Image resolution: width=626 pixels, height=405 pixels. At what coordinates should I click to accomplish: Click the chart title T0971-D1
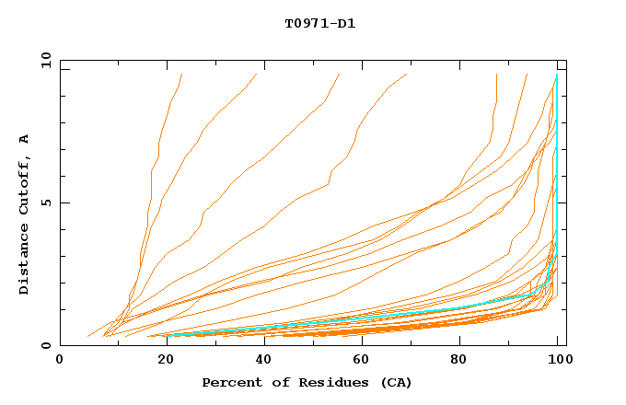319,23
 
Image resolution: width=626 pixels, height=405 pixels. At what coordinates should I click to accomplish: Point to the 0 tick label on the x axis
60,360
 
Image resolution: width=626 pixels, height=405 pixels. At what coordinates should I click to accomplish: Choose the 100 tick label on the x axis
557,360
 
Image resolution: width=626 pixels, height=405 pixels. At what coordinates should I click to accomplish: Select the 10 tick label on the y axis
42,60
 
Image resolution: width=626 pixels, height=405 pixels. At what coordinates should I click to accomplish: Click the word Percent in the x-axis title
230,382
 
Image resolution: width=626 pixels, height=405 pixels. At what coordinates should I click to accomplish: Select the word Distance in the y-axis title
25,260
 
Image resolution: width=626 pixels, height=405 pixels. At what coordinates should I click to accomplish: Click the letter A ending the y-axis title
25,138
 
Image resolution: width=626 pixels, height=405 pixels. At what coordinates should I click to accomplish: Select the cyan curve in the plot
368,318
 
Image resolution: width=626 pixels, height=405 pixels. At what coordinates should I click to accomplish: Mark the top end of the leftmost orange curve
182,75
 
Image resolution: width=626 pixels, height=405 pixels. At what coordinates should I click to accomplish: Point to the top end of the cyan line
557,75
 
